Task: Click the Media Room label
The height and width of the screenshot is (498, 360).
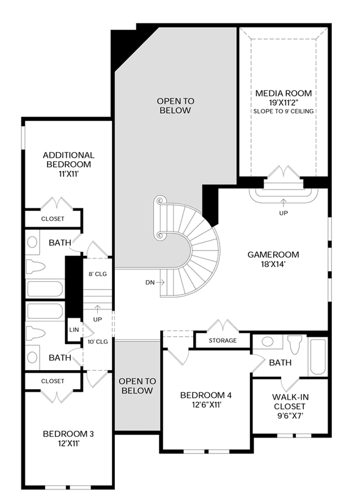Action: click(284, 93)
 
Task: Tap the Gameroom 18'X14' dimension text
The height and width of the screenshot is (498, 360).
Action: click(273, 264)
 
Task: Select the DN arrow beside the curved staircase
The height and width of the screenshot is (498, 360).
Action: click(161, 282)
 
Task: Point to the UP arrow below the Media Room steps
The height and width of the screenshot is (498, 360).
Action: click(284, 202)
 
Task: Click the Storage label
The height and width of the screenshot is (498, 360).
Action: click(222, 340)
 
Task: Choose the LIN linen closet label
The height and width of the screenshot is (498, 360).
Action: click(74, 330)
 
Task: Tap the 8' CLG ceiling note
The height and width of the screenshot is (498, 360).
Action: click(98, 274)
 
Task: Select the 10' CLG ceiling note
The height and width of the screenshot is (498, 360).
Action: click(98, 342)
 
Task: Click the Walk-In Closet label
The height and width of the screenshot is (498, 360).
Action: click(290, 401)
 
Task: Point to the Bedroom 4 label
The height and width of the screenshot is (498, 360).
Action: click(206, 395)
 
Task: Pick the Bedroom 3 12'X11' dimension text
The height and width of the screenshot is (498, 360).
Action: click(68, 444)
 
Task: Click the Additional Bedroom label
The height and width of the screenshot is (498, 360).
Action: click(68, 159)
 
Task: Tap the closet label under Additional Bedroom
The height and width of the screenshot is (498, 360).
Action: click(53, 219)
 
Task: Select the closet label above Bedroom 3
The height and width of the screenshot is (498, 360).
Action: click(53, 381)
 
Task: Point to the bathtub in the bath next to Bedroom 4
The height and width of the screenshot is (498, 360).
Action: click(318, 357)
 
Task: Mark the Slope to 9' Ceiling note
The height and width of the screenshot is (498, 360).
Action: click(284, 111)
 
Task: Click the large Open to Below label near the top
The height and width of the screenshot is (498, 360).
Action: click(175, 106)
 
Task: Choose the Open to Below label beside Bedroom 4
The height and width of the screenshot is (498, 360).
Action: click(138, 386)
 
